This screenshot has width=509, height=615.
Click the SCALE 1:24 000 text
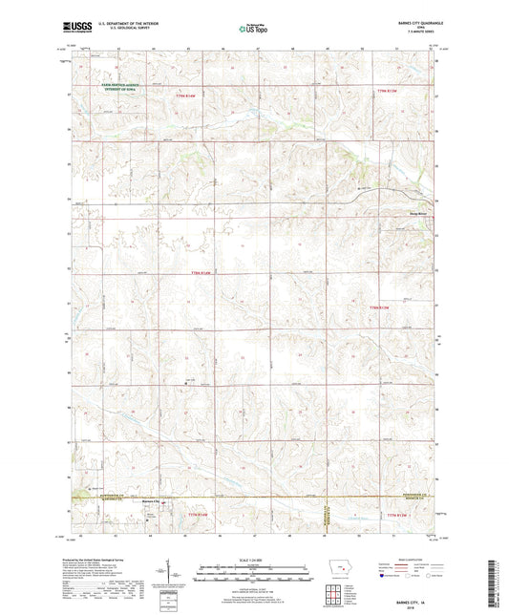(253, 560)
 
